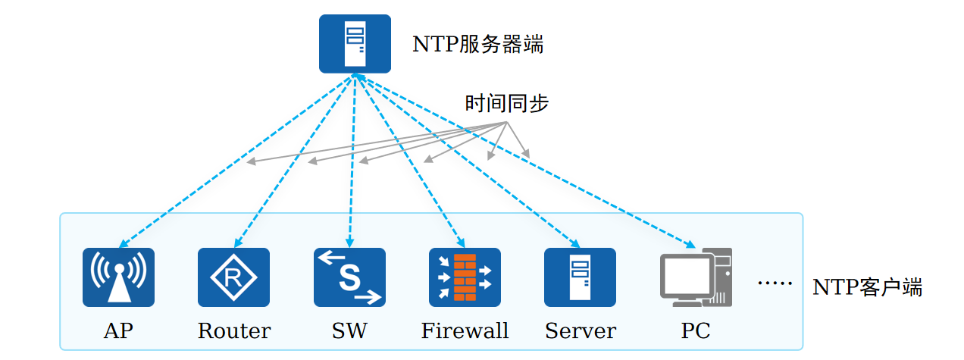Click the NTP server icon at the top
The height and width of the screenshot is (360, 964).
(x=355, y=44)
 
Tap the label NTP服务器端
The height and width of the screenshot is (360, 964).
(x=477, y=45)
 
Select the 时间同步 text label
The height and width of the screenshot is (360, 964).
(x=506, y=103)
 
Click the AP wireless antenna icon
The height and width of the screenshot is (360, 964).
(x=119, y=277)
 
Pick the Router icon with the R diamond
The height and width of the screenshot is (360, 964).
(x=233, y=277)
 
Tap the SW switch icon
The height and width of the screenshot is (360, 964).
(x=349, y=277)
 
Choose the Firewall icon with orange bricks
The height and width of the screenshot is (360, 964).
(x=465, y=277)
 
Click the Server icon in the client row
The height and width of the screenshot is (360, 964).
(x=580, y=277)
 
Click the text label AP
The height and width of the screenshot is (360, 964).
(x=118, y=330)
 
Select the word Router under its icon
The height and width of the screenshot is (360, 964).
(x=234, y=330)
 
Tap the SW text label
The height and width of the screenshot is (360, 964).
(x=349, y=330)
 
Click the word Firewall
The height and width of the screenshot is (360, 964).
(x=465, y=330)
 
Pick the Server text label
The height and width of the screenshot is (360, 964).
(x=581, y=330)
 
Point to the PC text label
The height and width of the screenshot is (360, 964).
(x=696, y=330)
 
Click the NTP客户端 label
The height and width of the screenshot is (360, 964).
(x=867, y=286)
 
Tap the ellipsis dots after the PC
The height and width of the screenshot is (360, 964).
(x=775, y=283)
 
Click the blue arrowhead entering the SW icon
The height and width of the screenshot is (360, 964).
(x=350, y=243)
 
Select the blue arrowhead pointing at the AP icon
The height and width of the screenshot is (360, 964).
(x=124, y=244)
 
